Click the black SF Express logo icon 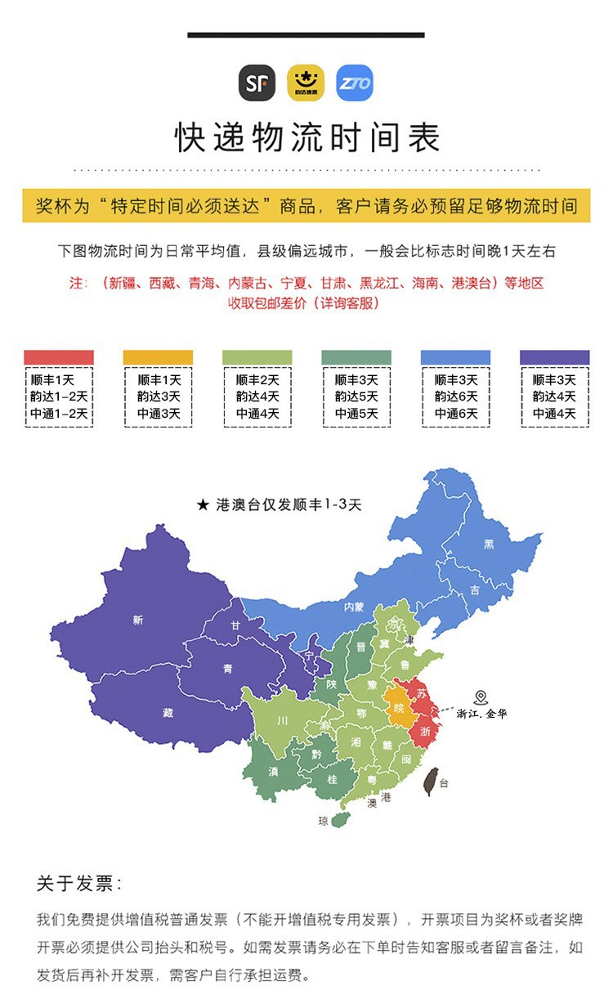pyautogui.click(x=257, y=83)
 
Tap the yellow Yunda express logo pyautogui.click(x=306, y=83)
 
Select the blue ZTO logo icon pyautogui.click(x=354, y=83)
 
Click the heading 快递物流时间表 pyautogui.click(x=306, y=137)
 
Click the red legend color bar pyautogui.click(x=59, y=357)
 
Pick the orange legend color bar pyautogui.click(x=158, y=357)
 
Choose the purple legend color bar pyautogui.click(x=554, y=357)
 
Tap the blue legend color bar pyautogui.click(x=455, y=357)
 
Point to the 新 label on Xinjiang pyautogui.click(x=137, y=620)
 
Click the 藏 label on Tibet pyautogui.click(x=168, y=712)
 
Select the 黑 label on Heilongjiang pyautogui.click(x=489, y=544)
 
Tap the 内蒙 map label pyautogui.click(x=353, y=607)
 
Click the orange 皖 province pyautogui.click(x=399, y=708)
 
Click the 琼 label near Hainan pyautogui.click(x=324, y=819)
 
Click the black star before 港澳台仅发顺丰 pyautogui.click(x=203, y=505)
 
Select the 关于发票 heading pyautogui.click(x=79, y=884)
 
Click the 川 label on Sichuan pyautogui.click(x=282, y=721)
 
